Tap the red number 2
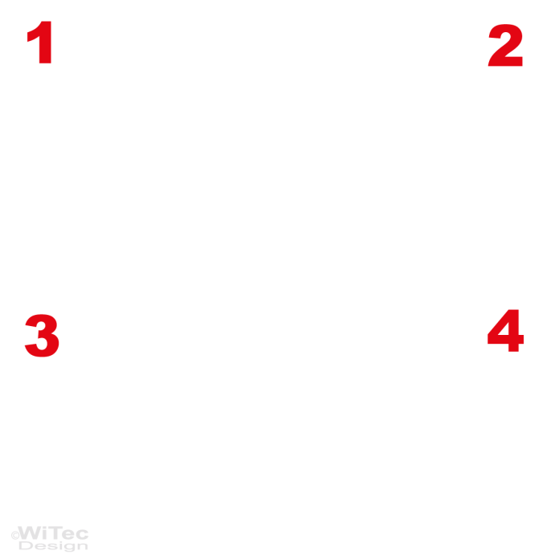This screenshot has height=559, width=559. pyautogui.click(x=505, y=45)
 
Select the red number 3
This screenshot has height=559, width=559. pyautogui.click(x=42, y=336)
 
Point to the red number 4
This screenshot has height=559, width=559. pyautogui.click(x=505, y=330)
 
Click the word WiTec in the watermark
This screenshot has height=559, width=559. pyautogui.click(x=53, y=533)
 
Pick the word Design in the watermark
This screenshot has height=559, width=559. pyautogui.click(x=53, y=546)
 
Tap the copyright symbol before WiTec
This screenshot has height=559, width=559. pyautogui.click(x=15, y=536)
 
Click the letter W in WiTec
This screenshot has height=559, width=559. pyautogui.click(x=30, y=533)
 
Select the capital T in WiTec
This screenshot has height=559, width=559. pyautogui.click(x=57, y=533)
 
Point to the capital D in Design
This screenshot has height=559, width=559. pyautogui.click(x=25, y=545)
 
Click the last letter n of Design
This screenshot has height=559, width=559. pyautogui.click(x=83, y=546)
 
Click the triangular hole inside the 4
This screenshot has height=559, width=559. pyautogui.click(x=504, y=328)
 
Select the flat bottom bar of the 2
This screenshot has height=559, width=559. pyautogui.click(x=506, y=61)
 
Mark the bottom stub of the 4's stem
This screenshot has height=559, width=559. pyautogui.click(x=514, y=348)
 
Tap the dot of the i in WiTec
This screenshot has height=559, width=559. pyautogui.click(x=46, y=528)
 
